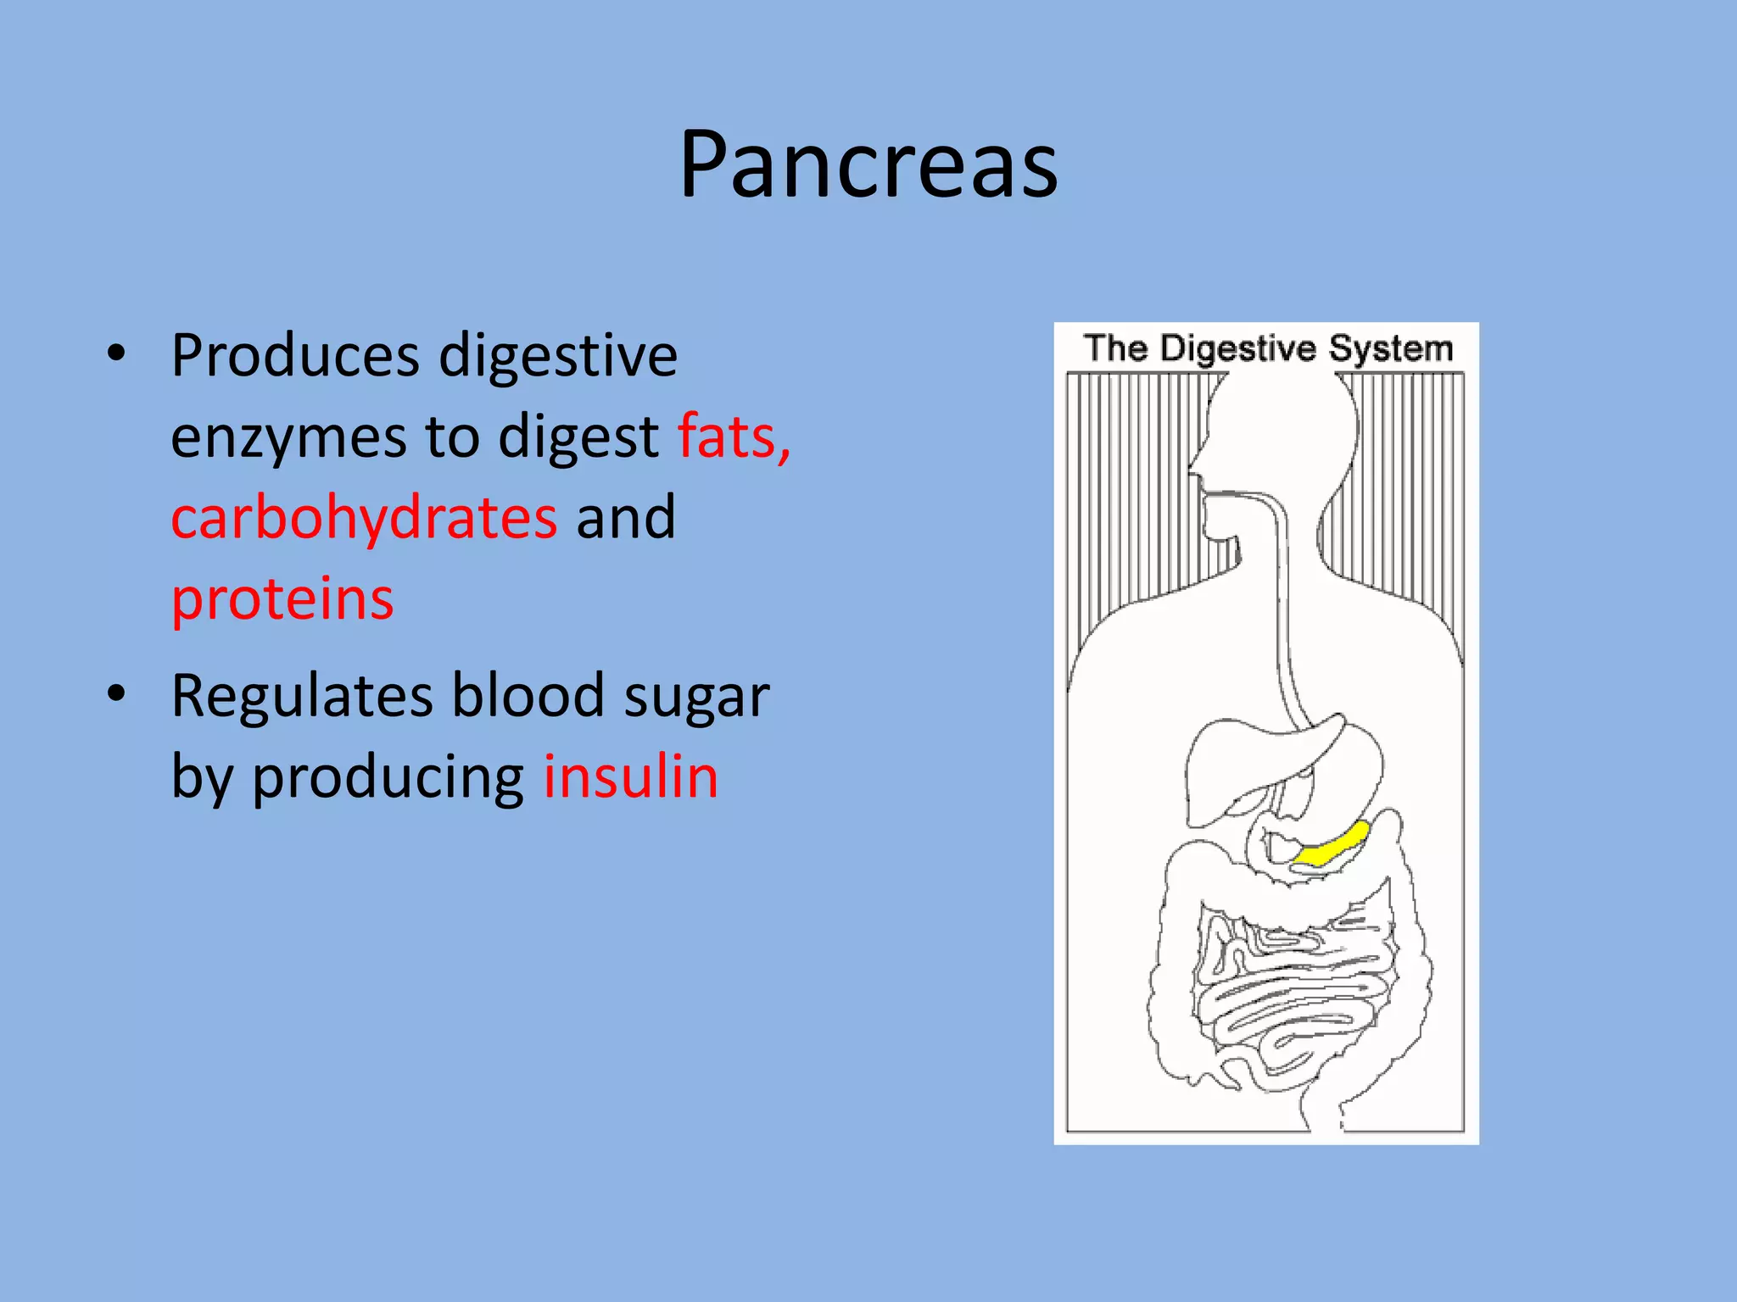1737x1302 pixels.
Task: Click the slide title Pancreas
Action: [x=868, y=165]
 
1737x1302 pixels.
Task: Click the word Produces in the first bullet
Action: [x=296, y=356]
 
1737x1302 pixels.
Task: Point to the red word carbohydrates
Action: [x=365, y=518]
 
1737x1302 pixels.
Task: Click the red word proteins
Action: [x=282, y=599]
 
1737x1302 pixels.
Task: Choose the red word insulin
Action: [x=631, y=776]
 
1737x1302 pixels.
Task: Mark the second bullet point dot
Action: [x=116, y=693]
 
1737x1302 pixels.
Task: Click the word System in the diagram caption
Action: [x=1391, y=349]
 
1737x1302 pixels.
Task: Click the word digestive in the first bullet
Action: [x=558, y=356]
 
